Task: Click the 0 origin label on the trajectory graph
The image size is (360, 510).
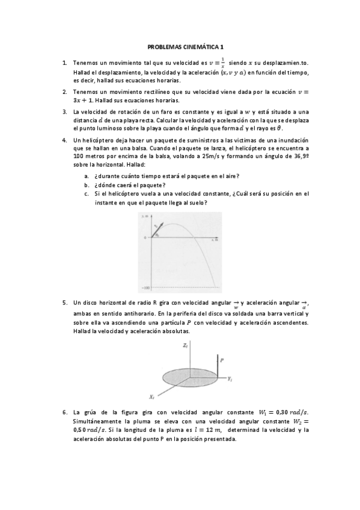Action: pyautogui.click(x=145, y=238)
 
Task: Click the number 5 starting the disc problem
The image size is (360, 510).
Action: pyautogui.click(x=64, y=303)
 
